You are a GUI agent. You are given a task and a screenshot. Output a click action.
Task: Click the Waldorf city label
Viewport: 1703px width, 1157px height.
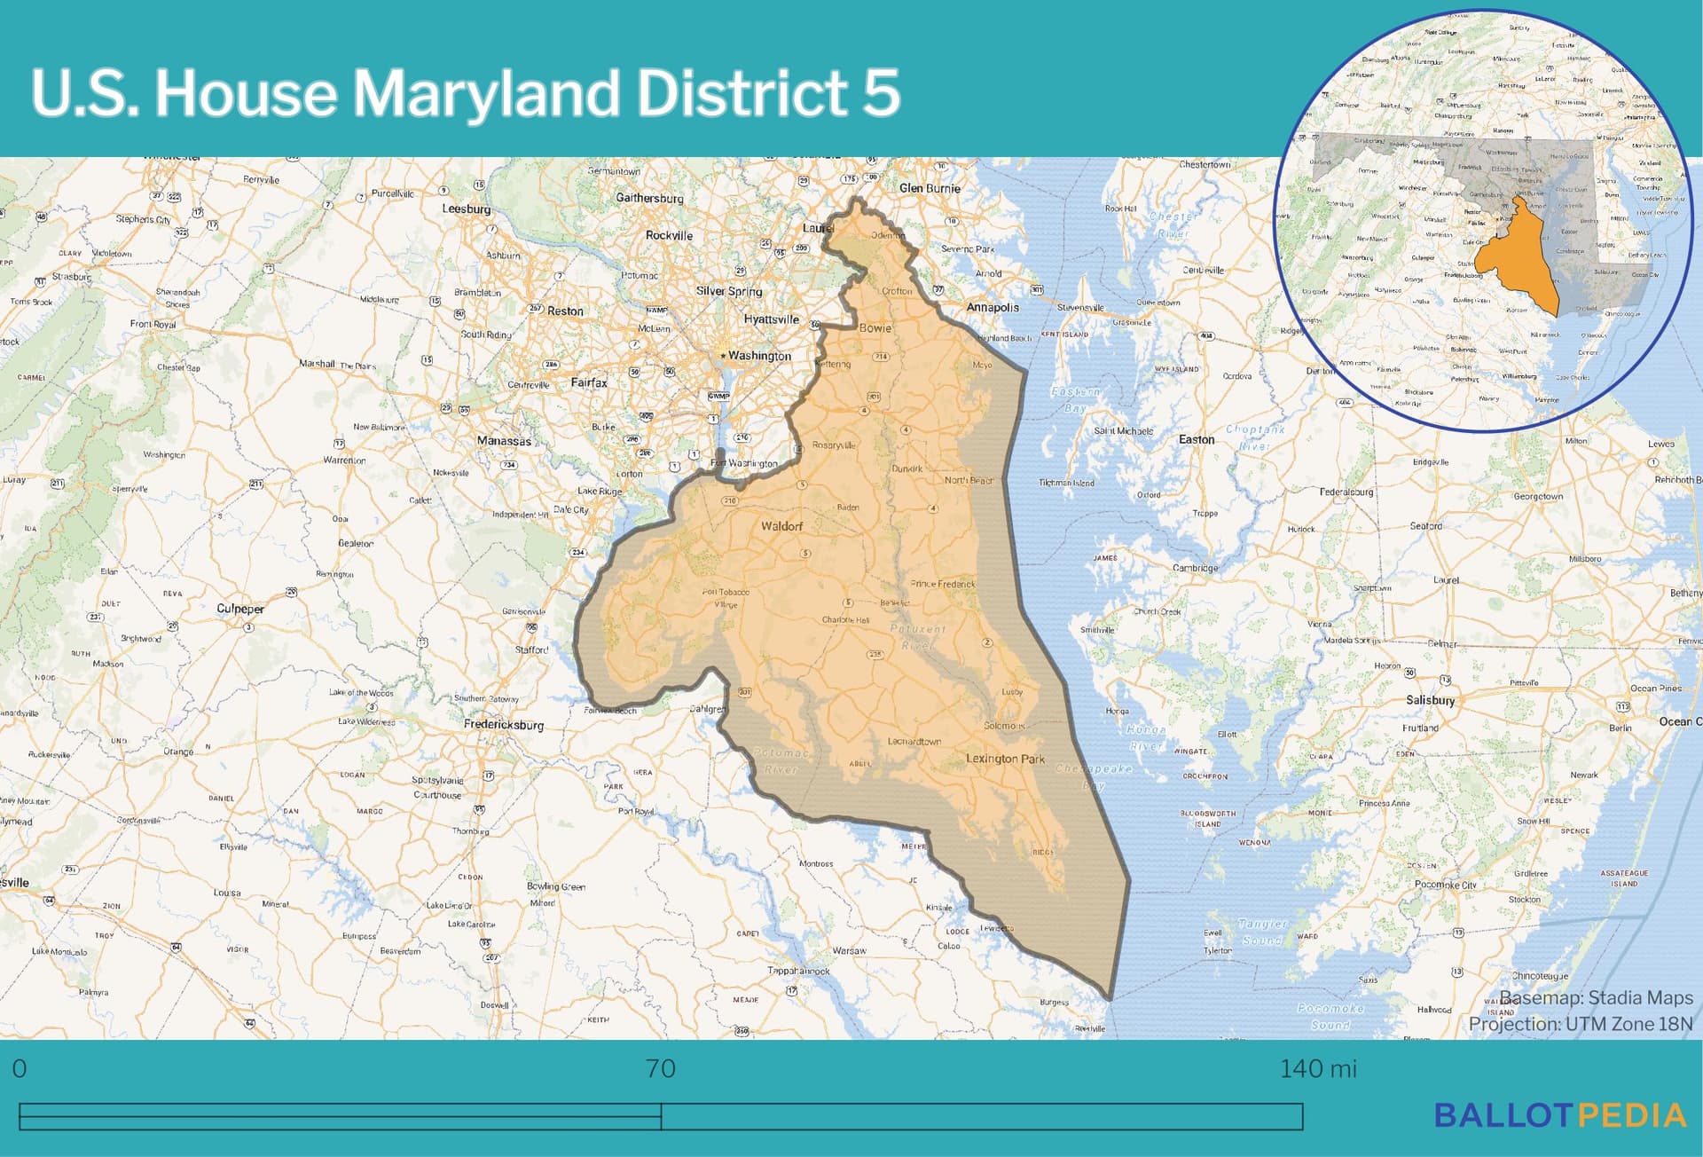pyautogui.click(x=781, y=526)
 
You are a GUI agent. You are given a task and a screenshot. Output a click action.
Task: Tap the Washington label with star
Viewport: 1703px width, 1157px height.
pyautogui.click(x=758, y=356)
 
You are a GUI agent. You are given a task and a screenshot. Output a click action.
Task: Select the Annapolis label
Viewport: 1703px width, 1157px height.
pyautogui.click(x=993, y=307)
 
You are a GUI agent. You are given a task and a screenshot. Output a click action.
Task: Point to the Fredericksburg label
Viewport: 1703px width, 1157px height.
pyautogui.click(x=504, y=724)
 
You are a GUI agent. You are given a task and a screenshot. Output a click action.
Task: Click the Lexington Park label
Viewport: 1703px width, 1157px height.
pyautogui.click(x=1005, y=759)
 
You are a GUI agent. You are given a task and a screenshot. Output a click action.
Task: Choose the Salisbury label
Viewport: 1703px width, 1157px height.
pyautogui.click(x=1430, y=700)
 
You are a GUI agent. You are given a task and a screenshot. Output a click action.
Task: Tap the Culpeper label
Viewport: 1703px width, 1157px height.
pyautogui.click(x=240, y=609)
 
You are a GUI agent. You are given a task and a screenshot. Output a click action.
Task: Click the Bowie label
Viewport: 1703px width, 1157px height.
pyautogui.click(x=875, y=327)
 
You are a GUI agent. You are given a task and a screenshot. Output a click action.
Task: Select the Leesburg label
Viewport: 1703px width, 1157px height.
pyautogui.click(x=467, y=209)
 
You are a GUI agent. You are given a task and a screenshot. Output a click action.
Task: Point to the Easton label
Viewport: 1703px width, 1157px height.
pyautogui.click(x=1197, y=439)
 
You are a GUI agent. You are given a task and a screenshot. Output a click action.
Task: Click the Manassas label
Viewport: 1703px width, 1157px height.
pyautogui.click(x=504, y=441)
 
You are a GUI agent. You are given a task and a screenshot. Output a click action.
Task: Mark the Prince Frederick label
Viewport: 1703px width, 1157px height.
pyautogui.click(x=942, y=584)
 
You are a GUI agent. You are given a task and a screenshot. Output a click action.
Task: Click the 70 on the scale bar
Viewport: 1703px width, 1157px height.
pyautogui.click(x=661, y=1068)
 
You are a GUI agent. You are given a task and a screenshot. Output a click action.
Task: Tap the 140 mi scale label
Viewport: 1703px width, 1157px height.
pyautogui.click(x=1318, y=1068)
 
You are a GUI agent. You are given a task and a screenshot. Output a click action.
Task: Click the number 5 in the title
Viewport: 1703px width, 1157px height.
pyautogui.click(x=881, y=92)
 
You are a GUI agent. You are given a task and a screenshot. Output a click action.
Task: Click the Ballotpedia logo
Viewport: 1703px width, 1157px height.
pyautogui.click(x=1560, y=1115)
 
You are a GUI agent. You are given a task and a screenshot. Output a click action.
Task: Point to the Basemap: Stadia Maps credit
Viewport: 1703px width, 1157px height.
pyautogui.click(x=1596, y=998)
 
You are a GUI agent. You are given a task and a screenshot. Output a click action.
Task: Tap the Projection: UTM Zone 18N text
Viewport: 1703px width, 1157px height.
pyautogui.click(x=1581, y=1024)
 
